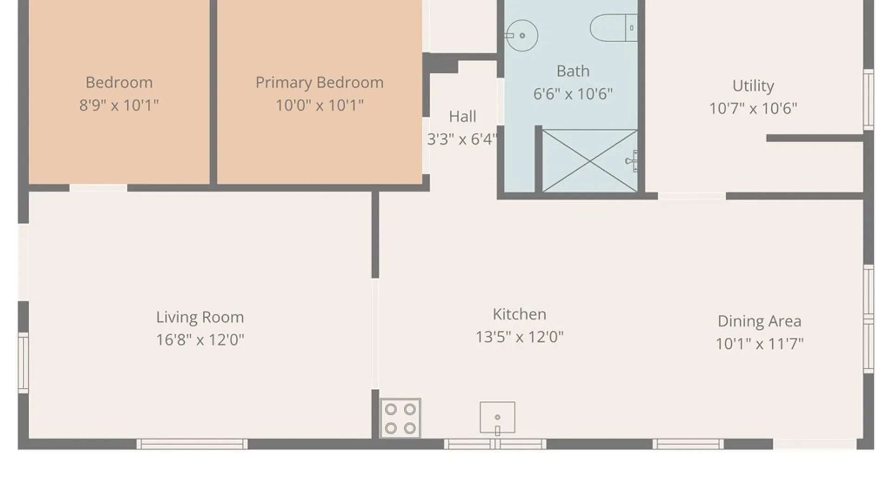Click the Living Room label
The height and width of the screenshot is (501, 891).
click(200, 317)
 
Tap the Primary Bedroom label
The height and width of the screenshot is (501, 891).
click(319, 83)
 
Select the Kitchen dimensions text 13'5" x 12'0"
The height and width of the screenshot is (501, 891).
click(519, 337)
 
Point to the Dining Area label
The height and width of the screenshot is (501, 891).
click(759, 321)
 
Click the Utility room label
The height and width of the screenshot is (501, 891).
click(753, 86)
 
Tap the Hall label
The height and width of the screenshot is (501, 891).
click(462, 116)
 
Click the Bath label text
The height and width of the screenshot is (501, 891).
click(573, 71)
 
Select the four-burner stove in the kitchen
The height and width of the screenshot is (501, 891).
click(400, 418)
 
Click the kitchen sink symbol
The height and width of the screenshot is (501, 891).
click(497, 418)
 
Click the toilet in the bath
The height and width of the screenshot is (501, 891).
click(613, 28)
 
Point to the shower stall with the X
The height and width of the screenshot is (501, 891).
click(590, 161)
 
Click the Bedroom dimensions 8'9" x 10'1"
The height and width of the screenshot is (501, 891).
click(119, 105)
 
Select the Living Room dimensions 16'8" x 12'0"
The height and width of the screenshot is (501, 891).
click(200, 340)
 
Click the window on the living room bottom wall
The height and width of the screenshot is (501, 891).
click(192, 444)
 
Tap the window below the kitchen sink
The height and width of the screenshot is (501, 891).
click(495, 444)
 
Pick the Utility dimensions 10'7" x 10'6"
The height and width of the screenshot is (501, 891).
click(753, 109)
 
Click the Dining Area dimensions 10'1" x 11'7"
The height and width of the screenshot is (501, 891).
click(759, 344)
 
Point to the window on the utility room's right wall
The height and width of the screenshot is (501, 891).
click(868, 100)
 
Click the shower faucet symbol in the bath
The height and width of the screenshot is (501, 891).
click(632, 161)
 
